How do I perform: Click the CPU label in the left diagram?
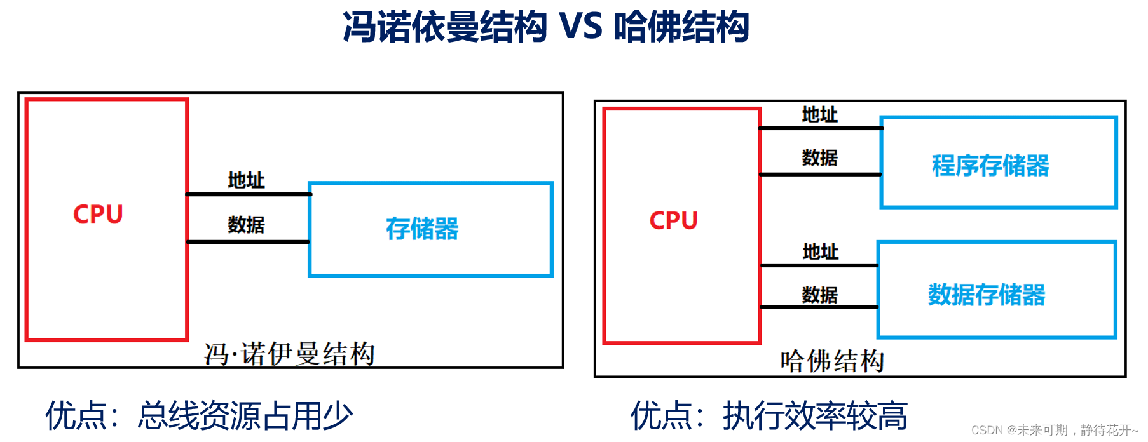click(x=98, y=215)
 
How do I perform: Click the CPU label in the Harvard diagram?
click(x=673, y=221)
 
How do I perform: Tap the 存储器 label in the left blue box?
click(x=422, y=229)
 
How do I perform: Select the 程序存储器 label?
click(x=990, y=166)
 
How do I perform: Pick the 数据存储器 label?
click(x=987, y=295)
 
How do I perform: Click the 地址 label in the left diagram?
click(x=246, y=180)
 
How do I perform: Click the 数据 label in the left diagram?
click(x=246, y=224)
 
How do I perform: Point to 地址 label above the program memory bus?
click(x=819, y=115)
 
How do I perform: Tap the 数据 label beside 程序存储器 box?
click(x=819, y=157)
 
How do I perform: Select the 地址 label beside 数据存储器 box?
click(x=820, y=252)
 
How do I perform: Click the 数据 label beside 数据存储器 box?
click(x=819, y=295)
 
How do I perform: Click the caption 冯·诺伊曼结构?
click(x=289, y=354)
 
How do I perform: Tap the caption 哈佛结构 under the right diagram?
click(x=832, y=361)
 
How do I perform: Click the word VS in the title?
click(x=580, y=27)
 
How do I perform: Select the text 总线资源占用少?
click(x=245, y=416)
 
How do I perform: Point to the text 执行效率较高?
click(x=815, y=416)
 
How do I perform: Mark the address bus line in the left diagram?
click(x=248, y=194)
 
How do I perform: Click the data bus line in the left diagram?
click(x=248, y=242)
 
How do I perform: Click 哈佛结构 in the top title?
click(x=682, y=27)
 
